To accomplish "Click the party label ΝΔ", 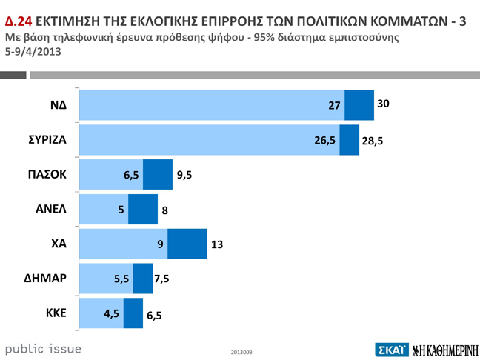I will [58, 105].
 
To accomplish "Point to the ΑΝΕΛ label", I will [51, 210].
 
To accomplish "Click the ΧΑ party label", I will [59, 244].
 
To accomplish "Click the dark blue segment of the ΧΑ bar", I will [187, 244].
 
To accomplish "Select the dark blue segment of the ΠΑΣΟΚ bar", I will [157, 175].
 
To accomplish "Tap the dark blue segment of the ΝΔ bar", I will [359, 105].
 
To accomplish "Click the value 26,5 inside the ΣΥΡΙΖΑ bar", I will [324, 140].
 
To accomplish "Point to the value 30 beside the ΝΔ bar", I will [383, 104].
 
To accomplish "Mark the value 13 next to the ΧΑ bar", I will [217, 244].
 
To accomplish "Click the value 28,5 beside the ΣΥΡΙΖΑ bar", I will [373, 141].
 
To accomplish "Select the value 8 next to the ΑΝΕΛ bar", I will [164, 210].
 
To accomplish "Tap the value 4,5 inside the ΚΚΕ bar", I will [112, 313].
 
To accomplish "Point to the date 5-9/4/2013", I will [33, 52].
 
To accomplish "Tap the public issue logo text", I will [43, 348].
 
